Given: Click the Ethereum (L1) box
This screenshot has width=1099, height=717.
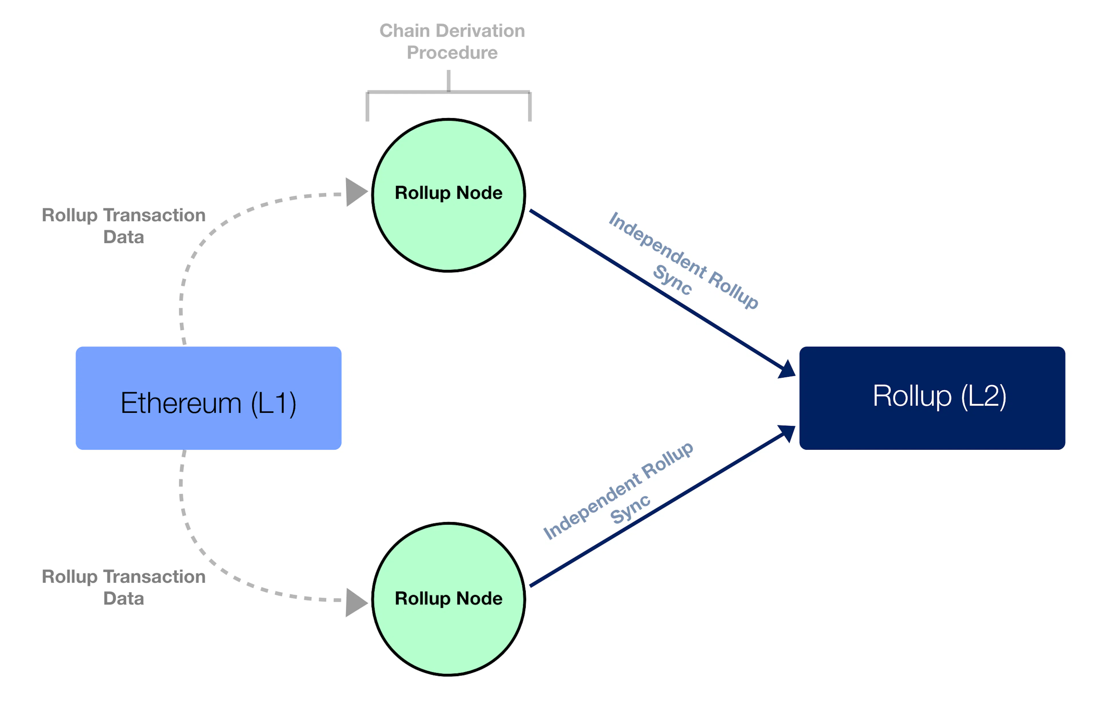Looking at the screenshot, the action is click(208, 398).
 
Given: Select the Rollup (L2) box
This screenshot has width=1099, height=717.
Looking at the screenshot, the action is click(932, 398).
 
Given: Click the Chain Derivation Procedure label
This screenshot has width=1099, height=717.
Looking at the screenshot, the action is click(452, 41).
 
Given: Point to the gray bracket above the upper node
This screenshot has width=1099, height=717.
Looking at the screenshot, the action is click(448, 92).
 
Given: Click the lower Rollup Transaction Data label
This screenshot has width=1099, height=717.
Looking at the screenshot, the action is click(124, 587).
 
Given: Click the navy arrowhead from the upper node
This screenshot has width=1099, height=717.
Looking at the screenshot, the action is click(786, 369).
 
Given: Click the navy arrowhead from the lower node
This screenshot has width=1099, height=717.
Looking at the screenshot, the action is click(786, 434).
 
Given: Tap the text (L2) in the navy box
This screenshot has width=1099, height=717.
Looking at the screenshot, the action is click(984, 396).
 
